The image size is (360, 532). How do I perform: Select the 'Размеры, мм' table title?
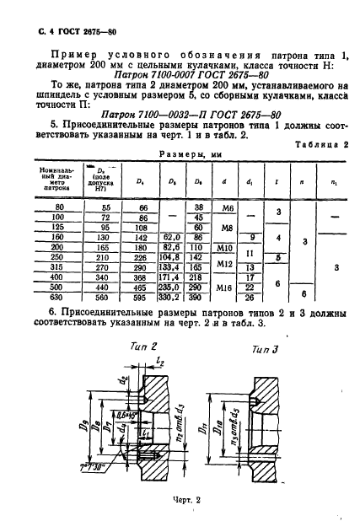point(179,155)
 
